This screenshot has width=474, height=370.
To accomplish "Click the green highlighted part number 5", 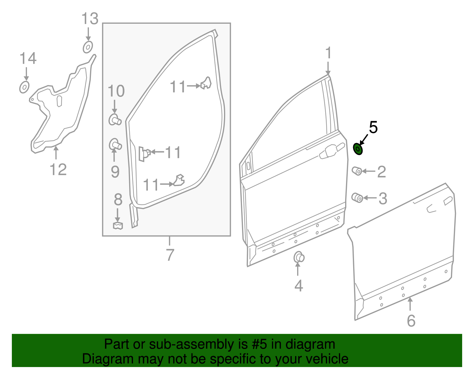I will coord(358,149).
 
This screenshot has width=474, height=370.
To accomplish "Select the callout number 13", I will coord(90,19).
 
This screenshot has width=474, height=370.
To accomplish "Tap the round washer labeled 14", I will coord(24,87).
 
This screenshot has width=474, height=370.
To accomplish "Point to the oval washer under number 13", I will coord(88,47).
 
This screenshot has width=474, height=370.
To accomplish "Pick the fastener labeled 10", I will coord(115,120).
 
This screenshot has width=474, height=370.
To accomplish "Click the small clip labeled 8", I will coord(118,226).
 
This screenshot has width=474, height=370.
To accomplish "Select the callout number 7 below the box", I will coord(169,255).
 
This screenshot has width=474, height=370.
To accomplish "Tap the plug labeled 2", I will coord(357,171).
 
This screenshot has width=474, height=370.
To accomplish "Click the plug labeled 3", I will coord(357,198).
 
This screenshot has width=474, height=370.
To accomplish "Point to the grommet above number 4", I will coord(299,257).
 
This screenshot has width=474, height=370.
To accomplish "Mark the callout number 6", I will coord(411,321).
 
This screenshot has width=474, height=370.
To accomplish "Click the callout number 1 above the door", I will coord(328,53).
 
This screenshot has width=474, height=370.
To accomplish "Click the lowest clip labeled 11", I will coord(179,181).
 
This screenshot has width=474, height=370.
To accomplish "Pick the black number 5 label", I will coord(373,127).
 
